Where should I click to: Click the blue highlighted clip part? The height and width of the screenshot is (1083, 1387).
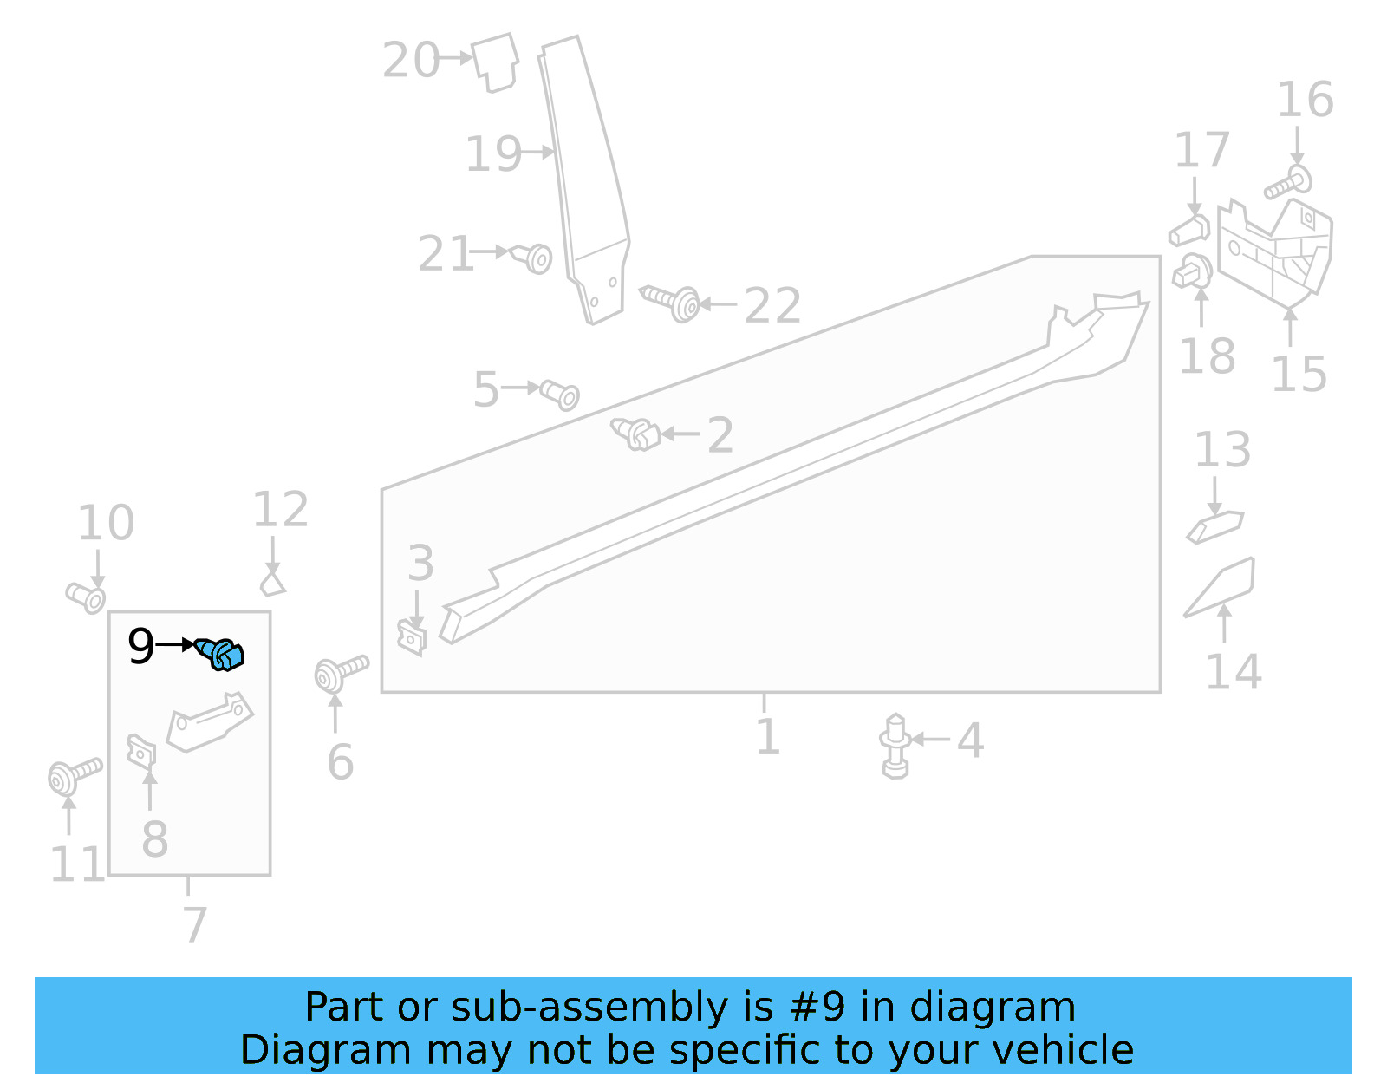tap(221, 654)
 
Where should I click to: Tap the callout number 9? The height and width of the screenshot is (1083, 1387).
tap(140, 647)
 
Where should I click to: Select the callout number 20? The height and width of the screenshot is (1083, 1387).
tap(411, 61)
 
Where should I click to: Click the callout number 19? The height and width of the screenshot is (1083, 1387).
tap(493, 154)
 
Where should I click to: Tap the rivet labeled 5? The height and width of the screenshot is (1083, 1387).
tap(560, 395)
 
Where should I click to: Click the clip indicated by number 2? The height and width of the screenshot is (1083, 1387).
tap(636, 434)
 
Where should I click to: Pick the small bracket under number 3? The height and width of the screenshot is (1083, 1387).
tap(413, 638)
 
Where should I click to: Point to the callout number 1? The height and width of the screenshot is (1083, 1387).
tap(767, 737)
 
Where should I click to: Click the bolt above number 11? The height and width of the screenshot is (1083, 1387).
tap(73, 774)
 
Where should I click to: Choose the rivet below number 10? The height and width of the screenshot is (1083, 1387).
tap(86, 597)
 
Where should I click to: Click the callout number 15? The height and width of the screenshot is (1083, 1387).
tap(1299, 375)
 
